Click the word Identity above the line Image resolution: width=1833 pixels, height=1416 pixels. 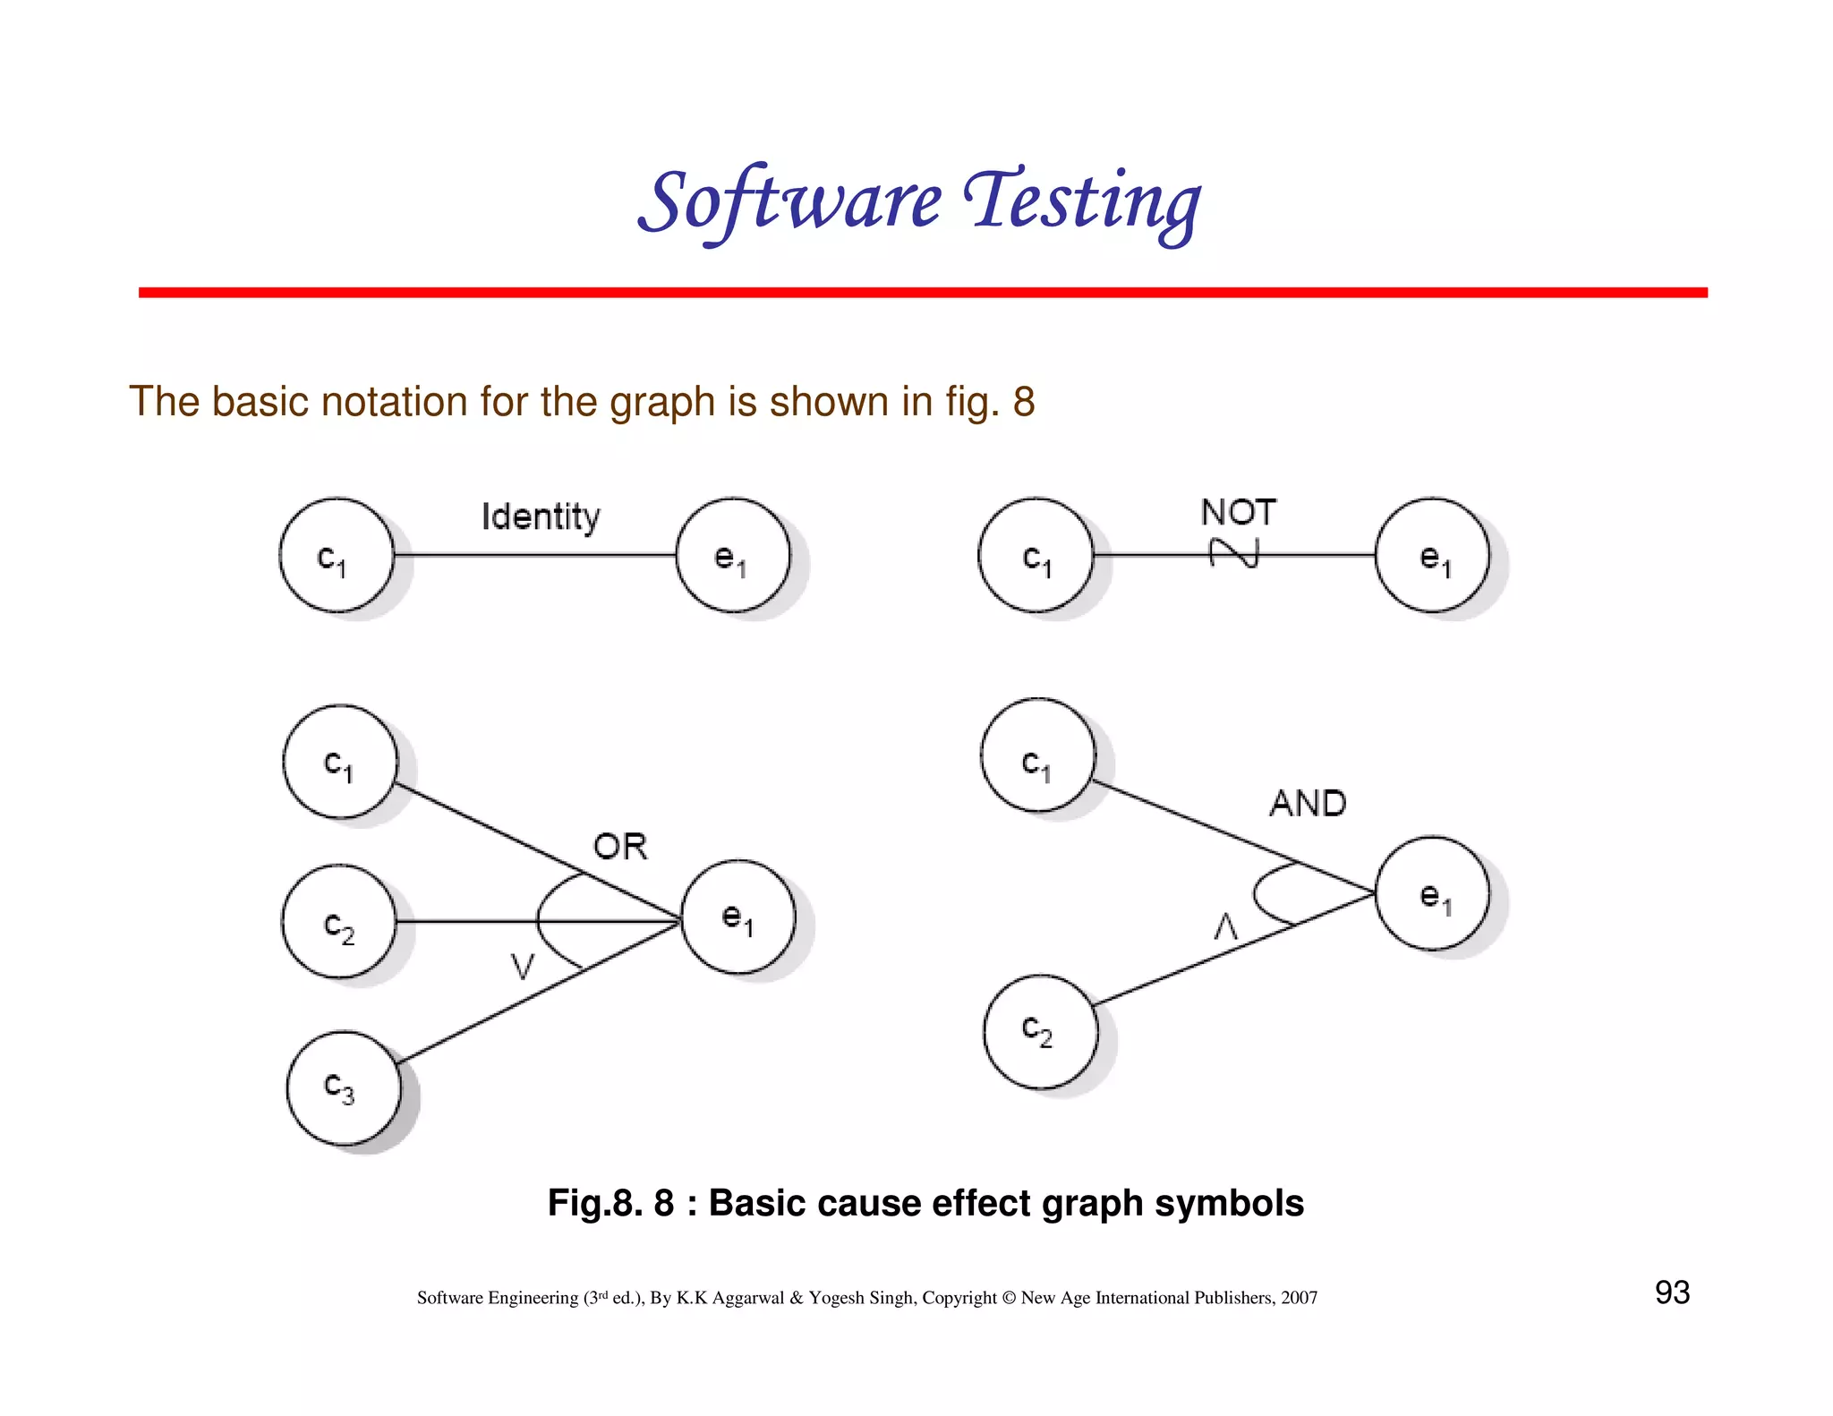point(541,516)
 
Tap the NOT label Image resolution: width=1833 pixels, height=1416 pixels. point(1238,512)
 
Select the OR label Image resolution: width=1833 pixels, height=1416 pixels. point(619,846)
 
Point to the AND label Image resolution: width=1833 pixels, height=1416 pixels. point(1307,803)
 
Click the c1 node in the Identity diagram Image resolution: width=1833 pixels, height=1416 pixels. point(337,556)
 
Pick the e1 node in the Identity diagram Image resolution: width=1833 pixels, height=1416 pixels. point(733,556)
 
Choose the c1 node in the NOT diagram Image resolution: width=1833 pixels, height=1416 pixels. point(1036,556)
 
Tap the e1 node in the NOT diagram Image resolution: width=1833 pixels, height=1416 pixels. point(1432,556)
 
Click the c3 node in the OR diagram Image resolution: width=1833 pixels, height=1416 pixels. point(343,1088)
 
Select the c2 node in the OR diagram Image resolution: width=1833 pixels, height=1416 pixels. point(339,922)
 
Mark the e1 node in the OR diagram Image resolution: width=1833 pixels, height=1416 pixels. point(738,917)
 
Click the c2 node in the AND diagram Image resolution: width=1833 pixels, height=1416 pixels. point(1040,1032)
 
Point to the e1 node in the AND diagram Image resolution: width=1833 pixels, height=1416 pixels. point(1432,893)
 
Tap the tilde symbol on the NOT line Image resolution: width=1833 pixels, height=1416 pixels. point(1234,553)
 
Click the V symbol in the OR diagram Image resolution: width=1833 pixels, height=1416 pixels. point(522,967)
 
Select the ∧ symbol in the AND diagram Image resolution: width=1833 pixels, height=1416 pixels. point(1225,926)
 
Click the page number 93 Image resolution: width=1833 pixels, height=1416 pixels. point(1672,1292)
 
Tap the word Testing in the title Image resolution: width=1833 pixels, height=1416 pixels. point(1081,201)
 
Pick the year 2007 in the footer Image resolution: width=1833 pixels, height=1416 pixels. point(1299,1298)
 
